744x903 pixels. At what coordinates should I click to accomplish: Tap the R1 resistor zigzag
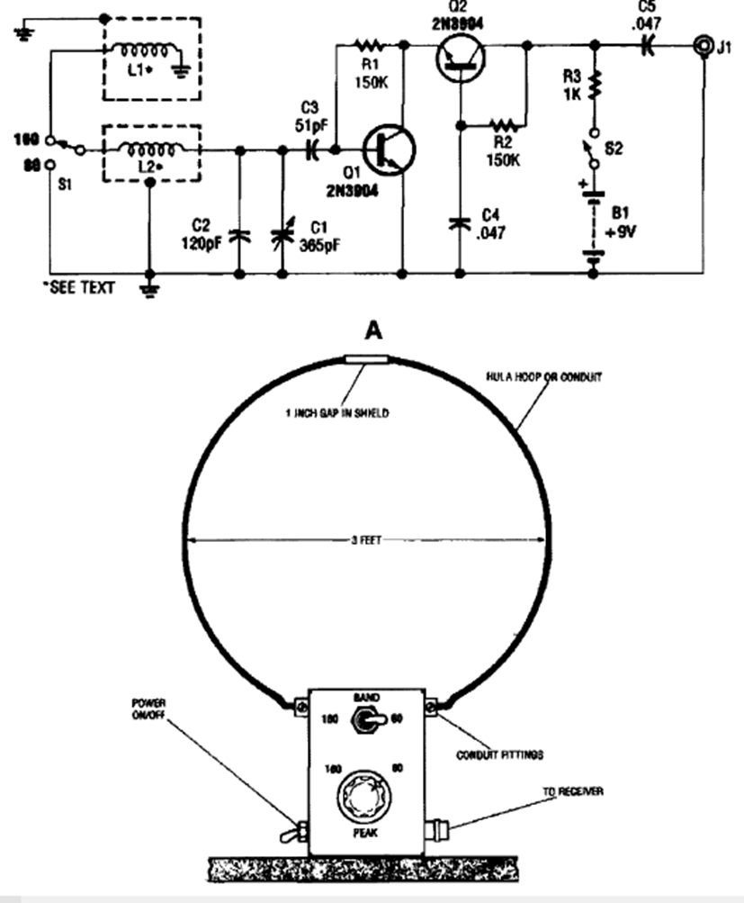click(x=370, y=42)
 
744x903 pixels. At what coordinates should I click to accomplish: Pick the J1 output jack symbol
click(x=702, y=42)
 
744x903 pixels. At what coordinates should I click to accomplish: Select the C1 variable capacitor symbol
click(x=283, y=236)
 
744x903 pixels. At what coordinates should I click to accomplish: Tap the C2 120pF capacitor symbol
click(x=239, y=236)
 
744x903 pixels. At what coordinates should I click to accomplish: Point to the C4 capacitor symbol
click(x=460, y=221)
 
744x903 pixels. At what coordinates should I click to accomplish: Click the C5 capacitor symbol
click(x=646, y=42)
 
